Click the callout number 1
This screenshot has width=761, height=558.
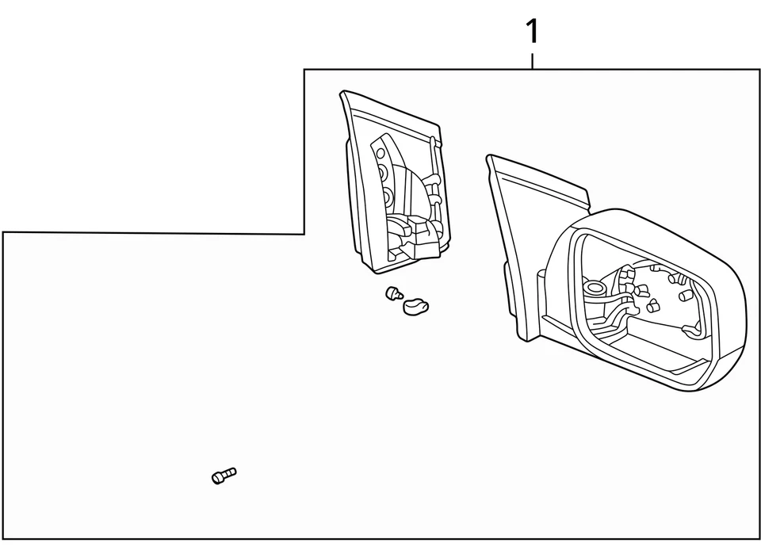pos(533,32)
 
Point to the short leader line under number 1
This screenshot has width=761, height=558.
pos(533,61)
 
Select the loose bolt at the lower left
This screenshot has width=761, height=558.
pos(224,476)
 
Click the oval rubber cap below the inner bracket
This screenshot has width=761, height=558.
pos(415,304)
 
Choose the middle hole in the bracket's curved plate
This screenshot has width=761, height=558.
pos(383,172)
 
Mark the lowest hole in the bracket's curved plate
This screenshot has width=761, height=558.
pos(388,194)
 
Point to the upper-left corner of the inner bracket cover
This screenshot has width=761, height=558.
pos(342,93)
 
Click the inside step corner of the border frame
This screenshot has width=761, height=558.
pos(304,234)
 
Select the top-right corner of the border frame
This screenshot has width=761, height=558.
pos(759,70)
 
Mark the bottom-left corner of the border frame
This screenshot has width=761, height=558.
pos(3,539)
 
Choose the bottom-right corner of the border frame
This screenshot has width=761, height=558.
pos(759,539)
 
